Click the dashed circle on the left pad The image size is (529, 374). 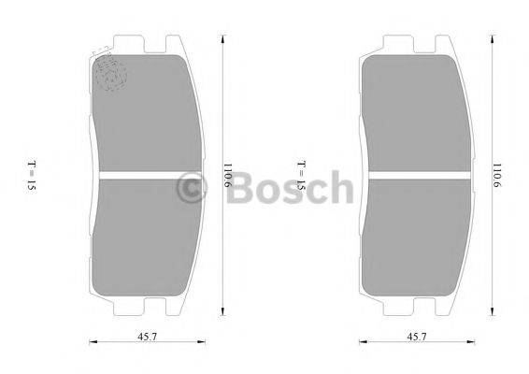(110, 73)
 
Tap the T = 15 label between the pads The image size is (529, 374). (301, 176)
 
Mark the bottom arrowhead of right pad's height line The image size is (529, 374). (493, 314)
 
